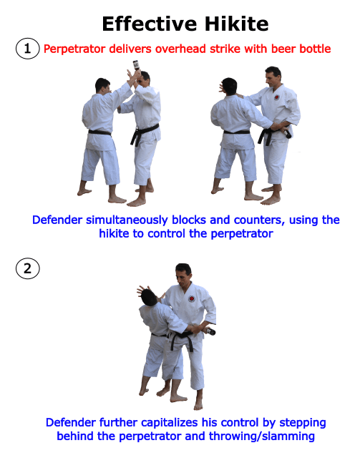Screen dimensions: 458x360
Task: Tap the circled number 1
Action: pyautogui.click(x=26, y=49)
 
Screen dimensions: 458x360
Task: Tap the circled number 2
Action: pyautogui.click(x=26, y=269)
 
